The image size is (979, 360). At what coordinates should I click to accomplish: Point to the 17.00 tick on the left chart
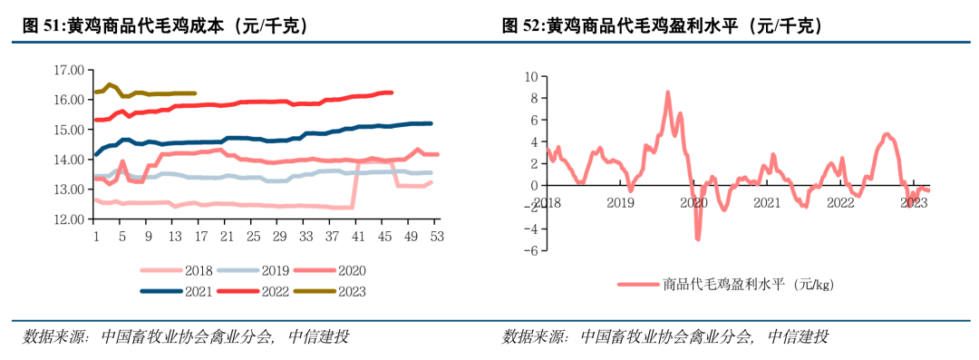coord(69,70)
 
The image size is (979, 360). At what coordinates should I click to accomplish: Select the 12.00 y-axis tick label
coord(69,219)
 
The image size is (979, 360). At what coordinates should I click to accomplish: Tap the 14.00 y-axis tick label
coord(69,160)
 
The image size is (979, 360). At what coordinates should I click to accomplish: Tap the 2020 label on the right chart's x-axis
coord(693,203)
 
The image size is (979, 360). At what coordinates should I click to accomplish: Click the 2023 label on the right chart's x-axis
coord(914,203)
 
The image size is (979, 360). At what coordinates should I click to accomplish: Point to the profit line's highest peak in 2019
coord(668,92)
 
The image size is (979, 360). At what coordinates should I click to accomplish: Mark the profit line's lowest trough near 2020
coord(698,238)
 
